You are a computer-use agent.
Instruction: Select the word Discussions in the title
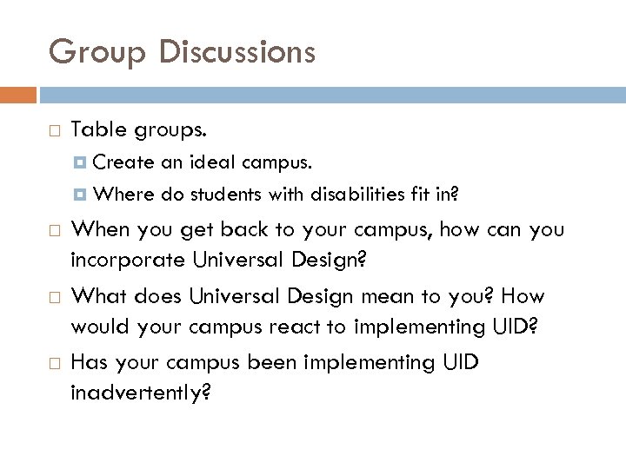[x=238, y=52]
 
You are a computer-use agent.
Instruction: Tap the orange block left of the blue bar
[x=18, y=93]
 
